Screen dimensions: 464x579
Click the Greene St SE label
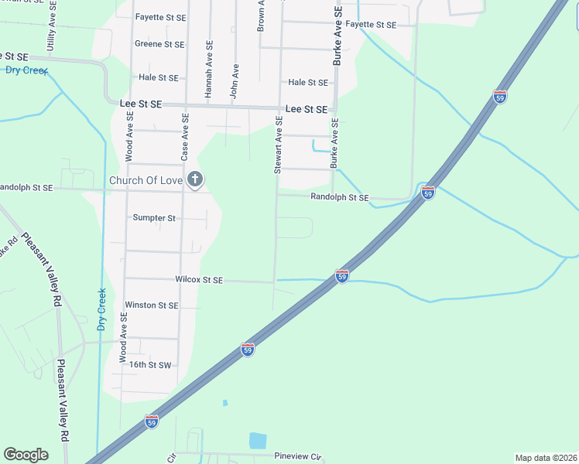pos(159,44)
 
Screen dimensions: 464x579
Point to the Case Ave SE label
pos(185,137)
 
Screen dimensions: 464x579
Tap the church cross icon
pos(195,180)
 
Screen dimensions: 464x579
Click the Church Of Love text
pos(146,181)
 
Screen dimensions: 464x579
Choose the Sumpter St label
pos(154,218)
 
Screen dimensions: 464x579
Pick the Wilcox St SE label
pos(199,280)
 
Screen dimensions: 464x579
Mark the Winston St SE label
pos(152,305)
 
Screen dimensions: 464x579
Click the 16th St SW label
pos(149,364)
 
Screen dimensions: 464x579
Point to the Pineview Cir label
pos(297,456)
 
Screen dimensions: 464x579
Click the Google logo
pos(26,455)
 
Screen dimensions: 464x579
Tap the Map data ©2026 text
pos(545,458)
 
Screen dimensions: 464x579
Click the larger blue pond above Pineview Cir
pos(258,441)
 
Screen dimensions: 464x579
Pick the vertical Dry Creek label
pos(101,309)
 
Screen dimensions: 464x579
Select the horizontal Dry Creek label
pos(22,70)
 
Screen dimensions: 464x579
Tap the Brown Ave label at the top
pos(262,15)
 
